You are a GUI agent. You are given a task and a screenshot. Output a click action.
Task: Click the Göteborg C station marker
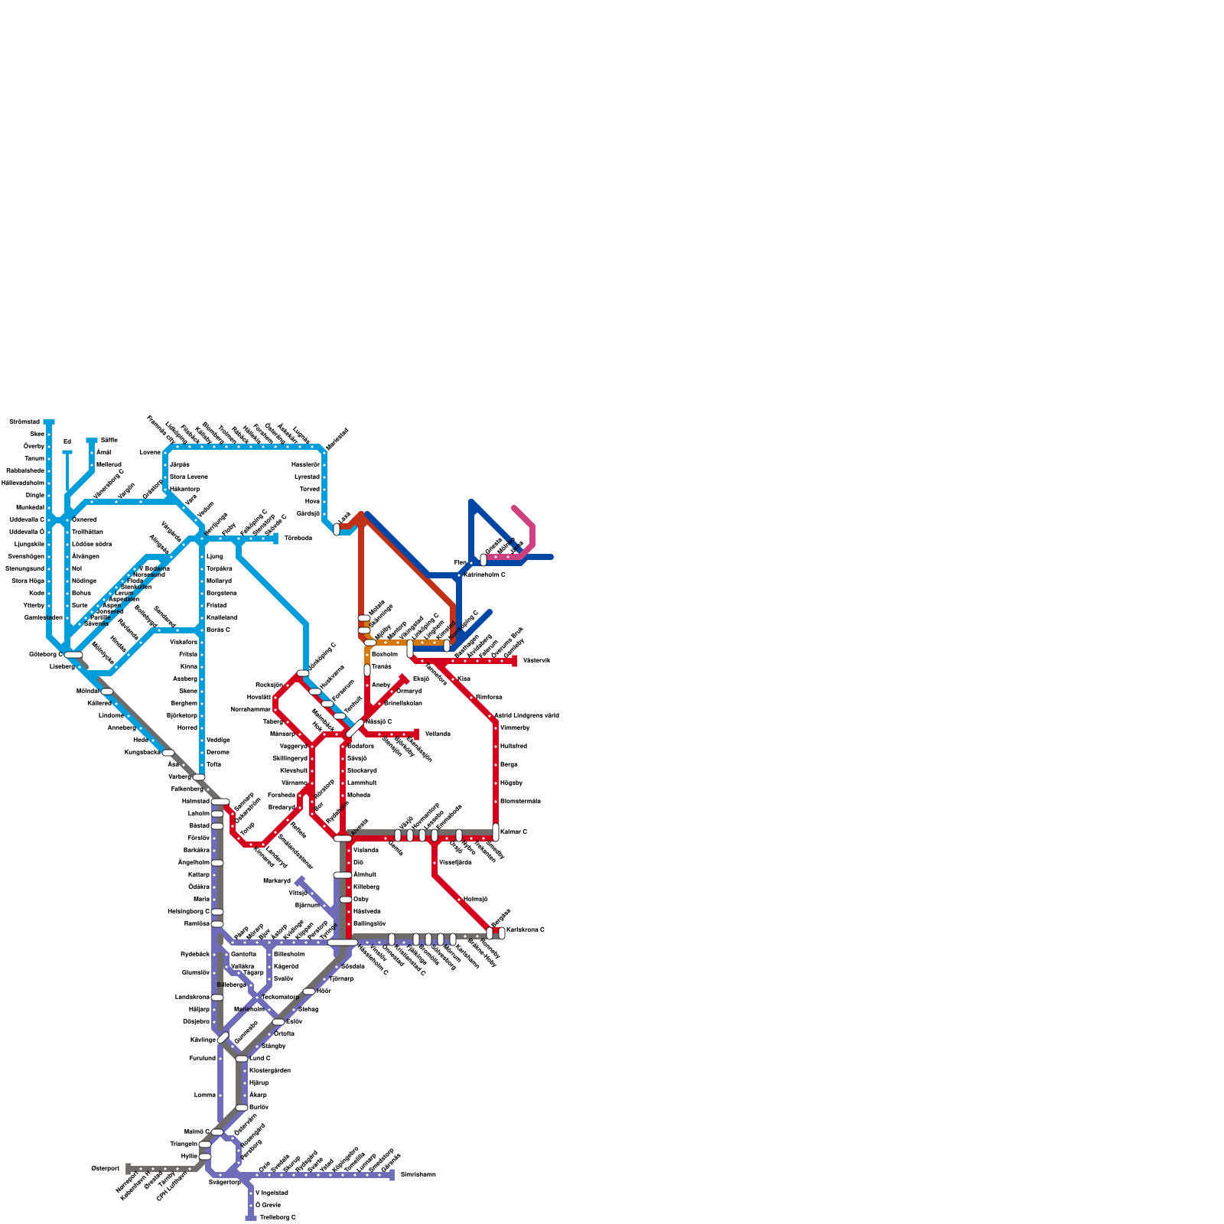click(x=73, y=655)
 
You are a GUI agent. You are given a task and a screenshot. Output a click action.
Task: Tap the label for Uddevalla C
click(x=27, y=519)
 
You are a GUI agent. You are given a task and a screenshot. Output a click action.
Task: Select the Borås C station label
click(x=218, y=630)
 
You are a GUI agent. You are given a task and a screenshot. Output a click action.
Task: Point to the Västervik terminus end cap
click(x=515, y=661)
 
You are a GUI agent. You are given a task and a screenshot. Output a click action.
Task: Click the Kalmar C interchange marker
click(x=496, y=832)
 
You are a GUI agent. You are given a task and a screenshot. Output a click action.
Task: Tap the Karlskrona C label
click(x=526, y=929)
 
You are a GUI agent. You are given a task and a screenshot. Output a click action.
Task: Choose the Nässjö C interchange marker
click(x=355, y=728)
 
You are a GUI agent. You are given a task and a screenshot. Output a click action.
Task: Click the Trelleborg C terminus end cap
click(x=250, y=1218)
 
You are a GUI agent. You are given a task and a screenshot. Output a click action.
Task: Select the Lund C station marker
click(x=242, y=1059)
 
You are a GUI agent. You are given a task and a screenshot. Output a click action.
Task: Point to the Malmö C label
click(x=197, y=1131)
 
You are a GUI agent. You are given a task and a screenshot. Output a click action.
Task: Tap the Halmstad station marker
click(x=220, y=801)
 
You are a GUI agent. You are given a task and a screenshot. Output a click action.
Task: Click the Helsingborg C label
click(x=188, y=911)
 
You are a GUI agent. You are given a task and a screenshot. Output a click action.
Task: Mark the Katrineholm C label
click(x=484, y=575)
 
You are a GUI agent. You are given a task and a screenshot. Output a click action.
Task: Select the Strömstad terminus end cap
click(x=49, y=422)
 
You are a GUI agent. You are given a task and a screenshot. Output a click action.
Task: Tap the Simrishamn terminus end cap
click(x=392, y=1174)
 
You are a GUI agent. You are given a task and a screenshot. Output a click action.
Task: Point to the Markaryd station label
click(x=276, y=881)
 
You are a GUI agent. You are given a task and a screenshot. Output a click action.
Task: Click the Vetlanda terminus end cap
click(x=417, y=734)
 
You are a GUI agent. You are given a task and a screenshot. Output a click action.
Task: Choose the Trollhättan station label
click(x=87, y=532)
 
